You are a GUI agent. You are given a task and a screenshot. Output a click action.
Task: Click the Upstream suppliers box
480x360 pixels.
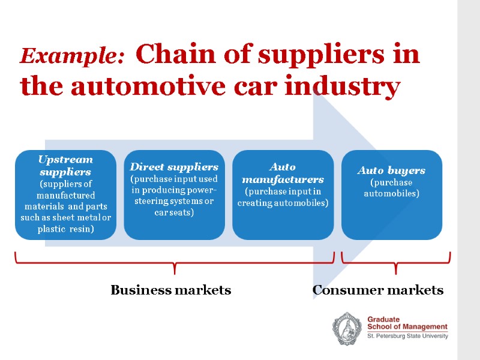[66, 195]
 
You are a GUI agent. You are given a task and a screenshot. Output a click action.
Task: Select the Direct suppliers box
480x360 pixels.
[174, 195]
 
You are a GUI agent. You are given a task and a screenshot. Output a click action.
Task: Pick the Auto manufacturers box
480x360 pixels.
[283, 195]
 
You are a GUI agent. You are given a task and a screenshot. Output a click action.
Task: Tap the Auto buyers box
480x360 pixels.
[391, 195]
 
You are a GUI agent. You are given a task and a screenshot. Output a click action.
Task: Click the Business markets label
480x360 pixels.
[170, 290]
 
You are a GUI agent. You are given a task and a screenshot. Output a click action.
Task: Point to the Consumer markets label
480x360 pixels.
[378, 290]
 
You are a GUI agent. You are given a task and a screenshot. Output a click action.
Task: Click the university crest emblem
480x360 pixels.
[347, 329]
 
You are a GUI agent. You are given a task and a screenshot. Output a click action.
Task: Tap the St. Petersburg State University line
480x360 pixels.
[407, 337]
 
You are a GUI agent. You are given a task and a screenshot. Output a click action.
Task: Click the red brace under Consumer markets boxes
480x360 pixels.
[395, 263]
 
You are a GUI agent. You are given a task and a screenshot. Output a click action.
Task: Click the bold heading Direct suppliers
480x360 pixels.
[174, 166]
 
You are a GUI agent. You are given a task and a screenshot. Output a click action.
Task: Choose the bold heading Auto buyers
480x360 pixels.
[391, 170]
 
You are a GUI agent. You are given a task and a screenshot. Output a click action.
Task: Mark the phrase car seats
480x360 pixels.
[174, 212]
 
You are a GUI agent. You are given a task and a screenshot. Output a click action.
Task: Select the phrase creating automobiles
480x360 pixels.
[283, 203]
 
